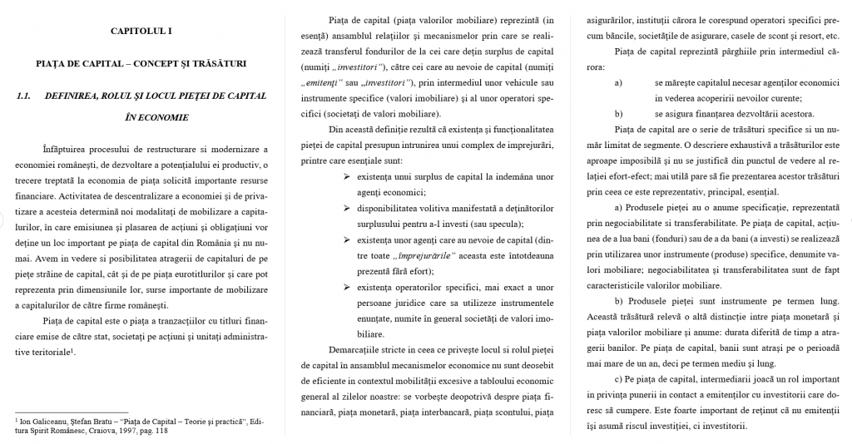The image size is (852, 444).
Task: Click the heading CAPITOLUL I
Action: pyautogui.click(x=141, y=32)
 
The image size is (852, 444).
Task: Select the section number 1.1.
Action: pyautogui.click(x=23, y=96)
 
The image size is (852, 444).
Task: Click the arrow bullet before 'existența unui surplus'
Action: pyautogui.click(x=347, y=178)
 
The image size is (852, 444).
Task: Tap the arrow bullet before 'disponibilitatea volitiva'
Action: pyautogui.click(x=347, y=210)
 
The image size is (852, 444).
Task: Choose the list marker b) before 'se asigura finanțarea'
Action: pyautogui.click(x=618, y=114)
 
